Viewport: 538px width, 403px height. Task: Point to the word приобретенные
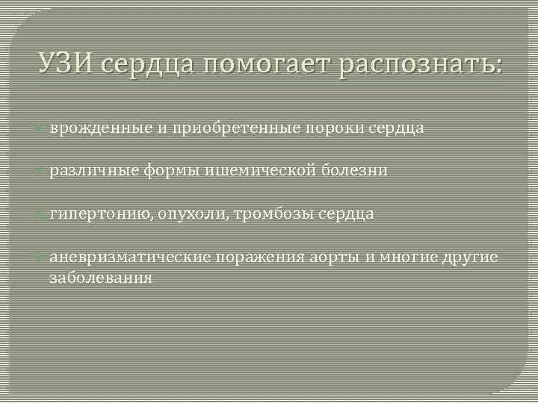[246, 128]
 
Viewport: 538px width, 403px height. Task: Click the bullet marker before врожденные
[42, 128]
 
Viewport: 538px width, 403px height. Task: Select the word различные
[96, 171]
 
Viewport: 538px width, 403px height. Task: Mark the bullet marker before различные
[42, 171]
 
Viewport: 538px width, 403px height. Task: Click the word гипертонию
[101, 215]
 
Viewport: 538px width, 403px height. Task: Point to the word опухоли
[194, 215]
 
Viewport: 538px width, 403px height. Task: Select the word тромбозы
[274, 215]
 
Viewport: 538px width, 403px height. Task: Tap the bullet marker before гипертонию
[42, 214]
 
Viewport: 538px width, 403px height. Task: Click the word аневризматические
[131, 258]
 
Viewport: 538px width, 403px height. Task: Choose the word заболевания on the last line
[101, 278]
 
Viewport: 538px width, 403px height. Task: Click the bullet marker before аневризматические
[42, 257]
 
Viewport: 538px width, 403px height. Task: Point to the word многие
[409, 258]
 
